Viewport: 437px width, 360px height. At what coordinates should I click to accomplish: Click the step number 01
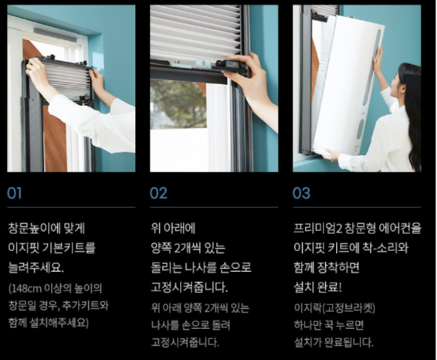point(15,193)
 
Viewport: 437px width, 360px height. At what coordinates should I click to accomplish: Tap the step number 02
point(158,193)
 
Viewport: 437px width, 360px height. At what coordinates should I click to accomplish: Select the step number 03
point(301,193)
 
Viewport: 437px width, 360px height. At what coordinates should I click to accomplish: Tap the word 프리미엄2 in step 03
point(320,229)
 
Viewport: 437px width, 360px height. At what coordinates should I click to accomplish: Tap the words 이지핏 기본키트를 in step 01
point(52,249)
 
